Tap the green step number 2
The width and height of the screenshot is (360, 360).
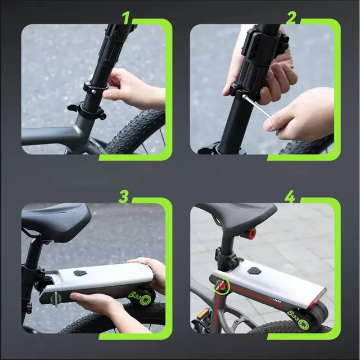pos(291,18)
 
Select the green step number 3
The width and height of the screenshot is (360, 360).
pos(124,197)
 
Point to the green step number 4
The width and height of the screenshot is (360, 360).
pos(290,197)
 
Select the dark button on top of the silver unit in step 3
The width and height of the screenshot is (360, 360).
pos(80,272)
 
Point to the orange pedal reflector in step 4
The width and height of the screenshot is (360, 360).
pos(202,313)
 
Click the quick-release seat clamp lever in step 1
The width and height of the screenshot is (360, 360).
pos(76,107)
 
